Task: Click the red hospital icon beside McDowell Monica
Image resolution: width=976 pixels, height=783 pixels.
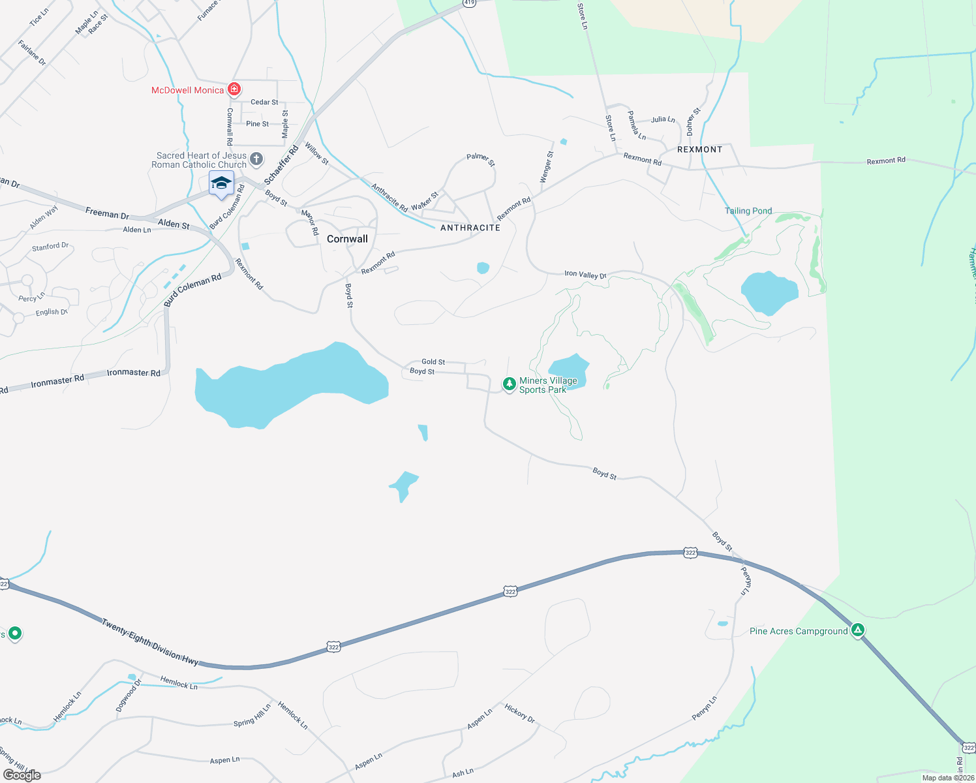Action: coord(234,89)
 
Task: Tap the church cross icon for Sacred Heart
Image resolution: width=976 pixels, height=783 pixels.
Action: coord(256,159)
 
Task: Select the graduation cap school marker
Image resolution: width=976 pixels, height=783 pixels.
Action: coord(221,183)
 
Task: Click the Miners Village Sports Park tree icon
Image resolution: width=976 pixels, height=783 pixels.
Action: coord(509,384)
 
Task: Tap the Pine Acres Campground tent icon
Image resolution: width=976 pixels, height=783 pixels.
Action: coord(858,630)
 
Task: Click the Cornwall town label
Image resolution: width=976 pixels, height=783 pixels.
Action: coord(347,239)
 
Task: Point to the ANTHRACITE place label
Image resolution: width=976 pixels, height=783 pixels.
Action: coord(470,228)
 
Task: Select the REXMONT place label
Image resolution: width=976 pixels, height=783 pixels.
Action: coord(699,149)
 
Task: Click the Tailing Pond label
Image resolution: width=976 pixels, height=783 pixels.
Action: coord(748,211)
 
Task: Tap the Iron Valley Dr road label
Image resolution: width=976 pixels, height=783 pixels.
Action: coord(585,274)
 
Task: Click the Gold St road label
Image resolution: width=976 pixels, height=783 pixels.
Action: coord(433,361)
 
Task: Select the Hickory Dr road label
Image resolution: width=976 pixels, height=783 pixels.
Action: coord(519,713)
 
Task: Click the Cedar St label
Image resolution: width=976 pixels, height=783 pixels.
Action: coord(264,102)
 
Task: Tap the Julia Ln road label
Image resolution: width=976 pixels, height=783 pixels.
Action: coord(663,119)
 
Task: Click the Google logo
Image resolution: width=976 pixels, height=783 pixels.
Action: coord(22,775)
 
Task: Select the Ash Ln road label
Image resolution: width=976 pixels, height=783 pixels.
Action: coord(463,773)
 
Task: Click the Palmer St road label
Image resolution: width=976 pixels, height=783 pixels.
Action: coord(481,159)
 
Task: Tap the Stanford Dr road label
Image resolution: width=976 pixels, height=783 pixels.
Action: coord(50,247)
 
